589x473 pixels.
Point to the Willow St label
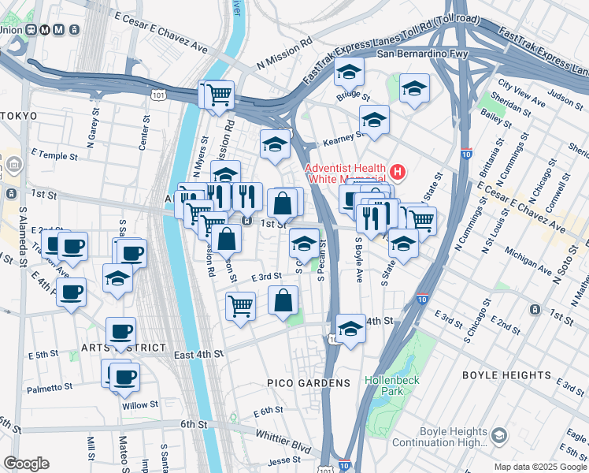tap(139, 406)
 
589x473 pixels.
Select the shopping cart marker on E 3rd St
tap(240, 305)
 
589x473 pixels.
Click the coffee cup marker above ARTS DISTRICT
tap(120, 331)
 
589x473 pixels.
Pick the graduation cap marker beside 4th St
tap(350, 327)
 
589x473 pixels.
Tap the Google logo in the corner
tap(25, 464)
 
